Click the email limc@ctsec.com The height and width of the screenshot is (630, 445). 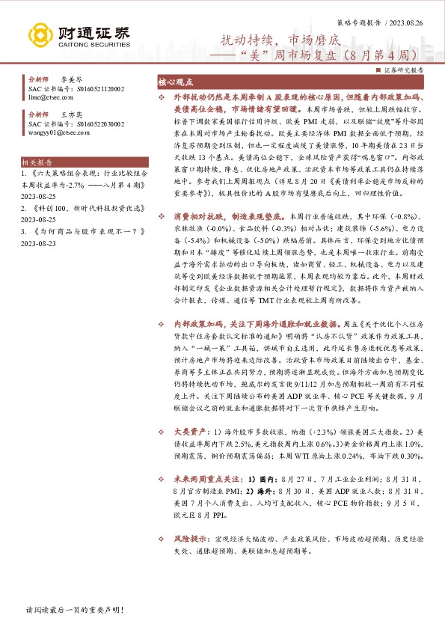(x=46, y=97)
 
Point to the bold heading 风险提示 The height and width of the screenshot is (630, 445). (x=189, y=538)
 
